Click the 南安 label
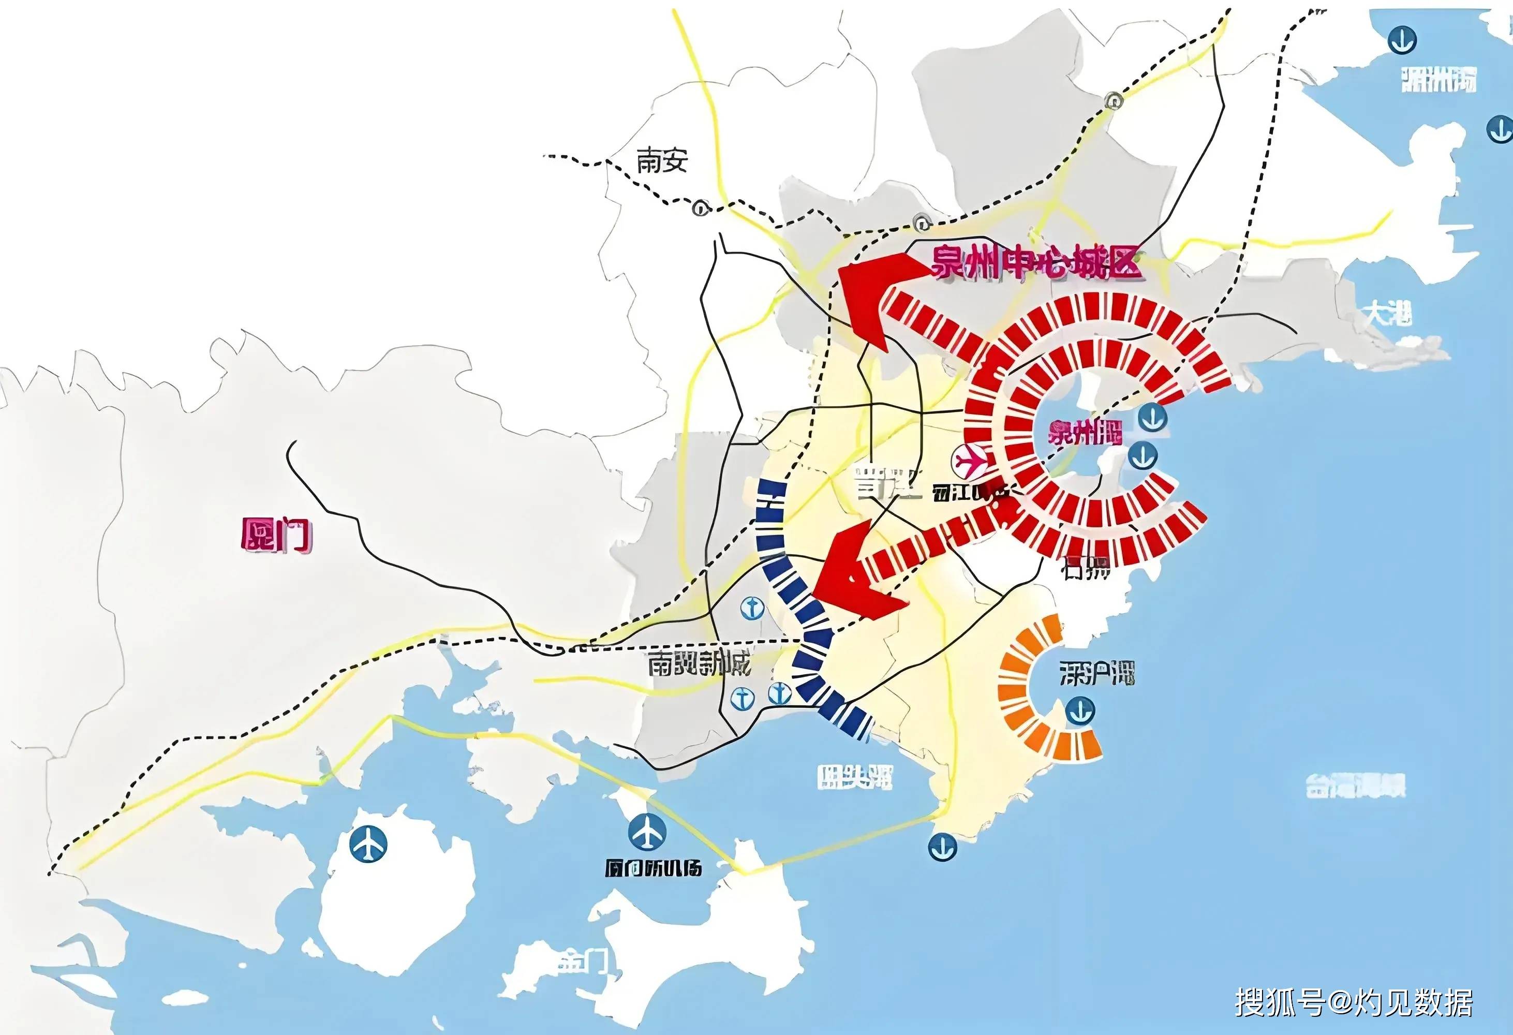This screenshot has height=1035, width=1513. pyautogui.click(x=661, y=160)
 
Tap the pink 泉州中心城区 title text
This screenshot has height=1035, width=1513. pyautogui.click(x=1036, y=262)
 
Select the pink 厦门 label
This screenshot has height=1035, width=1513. pyautogui.click(x=276, y=535)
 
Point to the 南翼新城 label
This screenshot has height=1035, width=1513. pyautogui.click(x=699, y=663)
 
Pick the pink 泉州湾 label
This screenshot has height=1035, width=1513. pyautogui.click(x=1085, y=432)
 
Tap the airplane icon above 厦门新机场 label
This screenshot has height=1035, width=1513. pyautogui.click(x=647, y=832)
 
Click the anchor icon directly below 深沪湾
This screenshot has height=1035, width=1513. pyautogui.click(x=1080, y=711)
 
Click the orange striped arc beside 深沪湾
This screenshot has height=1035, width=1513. pyautogui.click(x=1029, y=690)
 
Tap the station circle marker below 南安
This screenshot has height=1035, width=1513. pyautogui.click(x=700, y=209)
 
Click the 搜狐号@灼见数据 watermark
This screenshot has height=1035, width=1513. pyautogui.click(x=1354, y=1001)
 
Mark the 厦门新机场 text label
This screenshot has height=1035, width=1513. pyautogui.click(x=653, y=868)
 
